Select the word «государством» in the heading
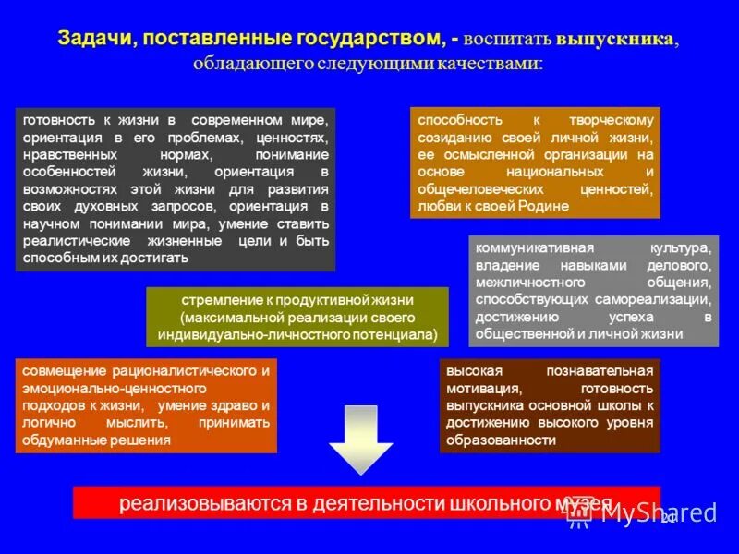coord(367,39)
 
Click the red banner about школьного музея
coord(367,503)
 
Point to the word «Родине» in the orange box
coord(539,207)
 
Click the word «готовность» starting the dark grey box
coord(56,121)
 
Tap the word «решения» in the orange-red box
coord(146,440)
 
